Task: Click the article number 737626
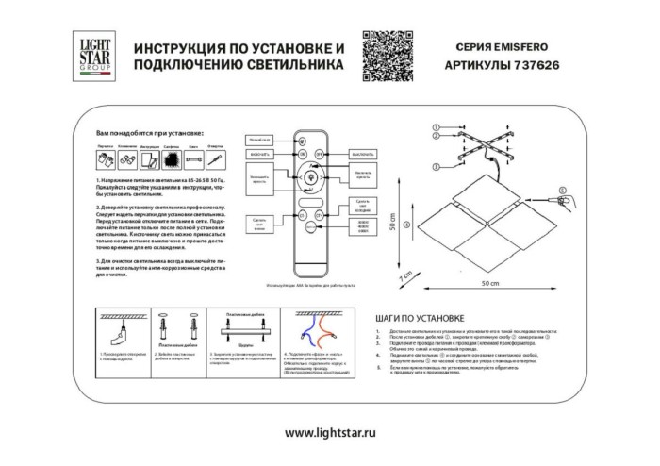tap(531, 67)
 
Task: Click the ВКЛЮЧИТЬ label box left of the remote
tap(259, 153)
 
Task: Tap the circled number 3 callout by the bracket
tap(437, 167)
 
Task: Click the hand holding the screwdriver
tap(569, 201)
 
